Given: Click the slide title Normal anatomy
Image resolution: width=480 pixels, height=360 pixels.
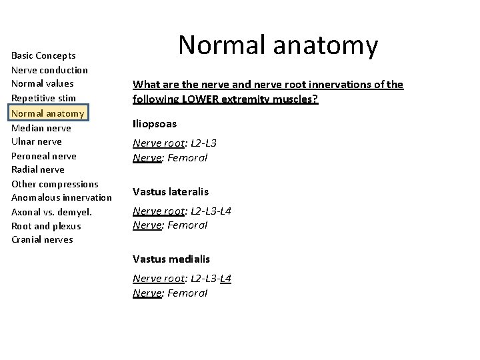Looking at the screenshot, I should (278, 46).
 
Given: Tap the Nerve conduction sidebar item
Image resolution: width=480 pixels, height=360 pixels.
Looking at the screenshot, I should (49, 70).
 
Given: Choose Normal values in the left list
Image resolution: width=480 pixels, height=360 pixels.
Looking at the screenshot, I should (43, 84).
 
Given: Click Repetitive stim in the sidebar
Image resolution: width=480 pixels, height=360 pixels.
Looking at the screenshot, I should (43, 98).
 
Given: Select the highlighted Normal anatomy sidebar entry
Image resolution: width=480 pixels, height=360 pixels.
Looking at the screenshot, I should (48, 113).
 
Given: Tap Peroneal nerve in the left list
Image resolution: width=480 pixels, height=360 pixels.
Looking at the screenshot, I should (44, 156).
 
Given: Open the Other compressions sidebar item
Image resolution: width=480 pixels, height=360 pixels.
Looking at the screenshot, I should (55, 184).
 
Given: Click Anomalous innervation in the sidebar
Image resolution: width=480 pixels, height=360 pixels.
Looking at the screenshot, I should (61, 197).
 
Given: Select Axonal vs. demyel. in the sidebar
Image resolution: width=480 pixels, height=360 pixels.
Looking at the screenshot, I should (51, 212).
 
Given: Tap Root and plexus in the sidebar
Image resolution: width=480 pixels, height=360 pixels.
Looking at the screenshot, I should (47, 226).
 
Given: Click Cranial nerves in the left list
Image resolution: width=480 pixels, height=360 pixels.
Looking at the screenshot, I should (42, 240).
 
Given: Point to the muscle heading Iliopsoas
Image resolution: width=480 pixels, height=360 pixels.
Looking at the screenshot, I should (155, 124).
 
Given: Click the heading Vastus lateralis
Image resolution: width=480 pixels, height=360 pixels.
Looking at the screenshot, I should (170, 192).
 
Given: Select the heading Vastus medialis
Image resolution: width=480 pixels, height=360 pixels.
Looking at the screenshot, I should (171, 259).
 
